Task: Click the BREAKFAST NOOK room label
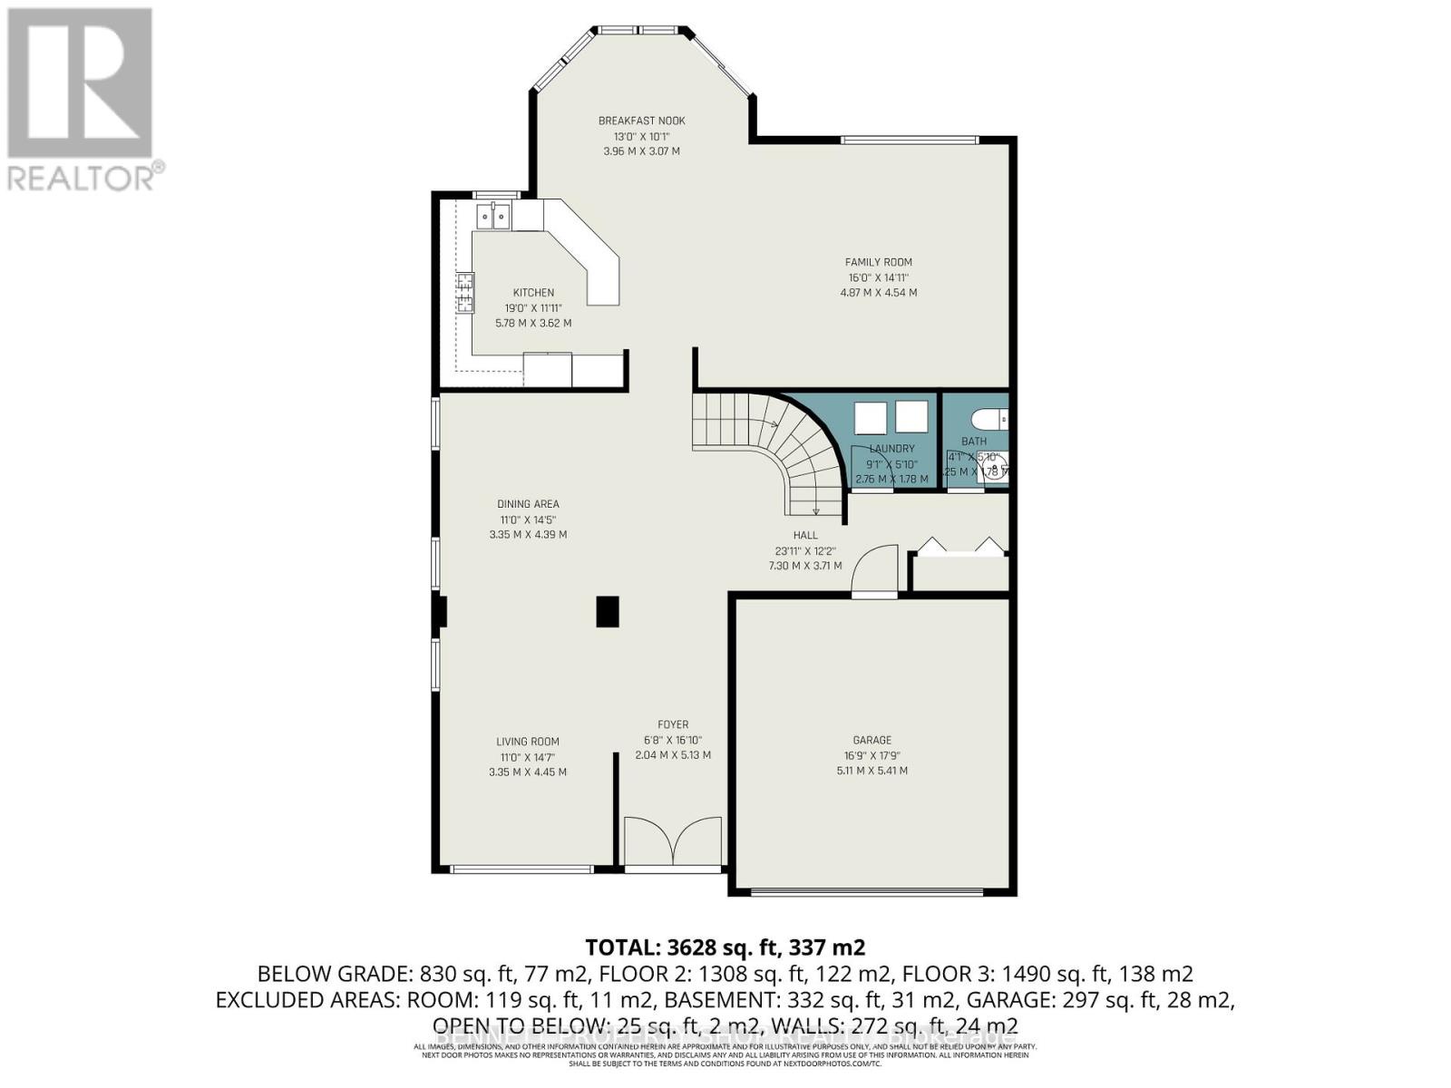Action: coord(641,121)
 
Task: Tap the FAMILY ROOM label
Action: coord(878,262)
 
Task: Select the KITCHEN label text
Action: coord(533,293)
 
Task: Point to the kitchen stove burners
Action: coord(465,293)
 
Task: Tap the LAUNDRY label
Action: coord(891,449)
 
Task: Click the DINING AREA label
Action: coord(528,504)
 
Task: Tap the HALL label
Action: coord(804,536)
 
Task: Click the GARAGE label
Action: coord(872,740)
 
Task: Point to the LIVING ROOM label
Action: coord(527,742)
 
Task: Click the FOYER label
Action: coord(673,724)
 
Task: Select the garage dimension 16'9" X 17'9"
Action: coord(872,755)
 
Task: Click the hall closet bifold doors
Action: coord(960,547)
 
